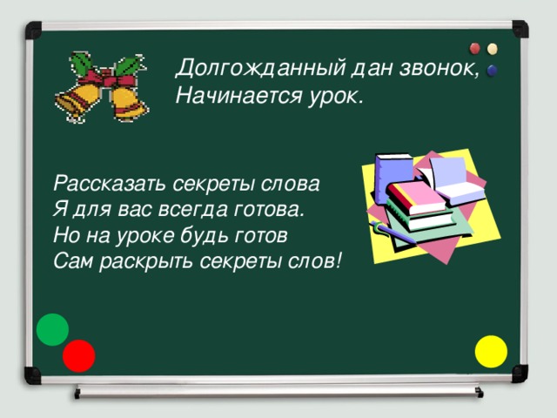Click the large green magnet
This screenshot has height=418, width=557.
point(53,328)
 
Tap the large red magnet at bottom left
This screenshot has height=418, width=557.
point(78,355)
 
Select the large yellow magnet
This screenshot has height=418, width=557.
point(492,350)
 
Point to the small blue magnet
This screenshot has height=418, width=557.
point(493,69)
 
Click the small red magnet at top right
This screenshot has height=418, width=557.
point(476,48)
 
